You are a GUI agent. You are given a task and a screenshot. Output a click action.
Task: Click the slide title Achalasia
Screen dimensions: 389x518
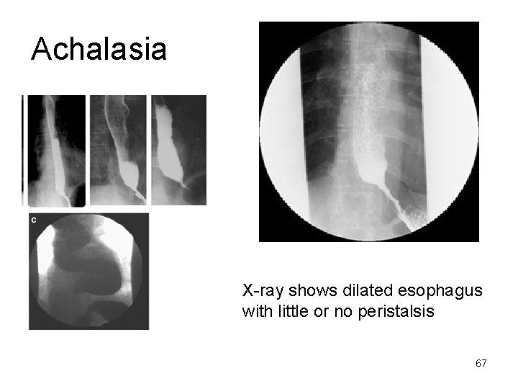point(99,49)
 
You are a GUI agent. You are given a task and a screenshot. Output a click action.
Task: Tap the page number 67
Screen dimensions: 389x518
point(481,363)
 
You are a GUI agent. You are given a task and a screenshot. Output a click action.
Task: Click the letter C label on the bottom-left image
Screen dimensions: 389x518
point(34,219)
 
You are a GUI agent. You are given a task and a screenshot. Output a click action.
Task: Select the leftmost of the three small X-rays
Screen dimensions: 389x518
point(55,150)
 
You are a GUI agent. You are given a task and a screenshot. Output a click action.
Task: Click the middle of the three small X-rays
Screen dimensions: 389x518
point(118,150)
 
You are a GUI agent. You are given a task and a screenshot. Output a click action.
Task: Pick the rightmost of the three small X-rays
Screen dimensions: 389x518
point(178,150)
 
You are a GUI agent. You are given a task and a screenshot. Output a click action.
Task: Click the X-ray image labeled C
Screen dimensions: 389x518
point(88,271)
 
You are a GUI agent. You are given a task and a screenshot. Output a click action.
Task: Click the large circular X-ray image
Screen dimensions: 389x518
point(369,131)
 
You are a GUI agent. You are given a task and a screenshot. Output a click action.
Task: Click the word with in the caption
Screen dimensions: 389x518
point(255,313)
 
